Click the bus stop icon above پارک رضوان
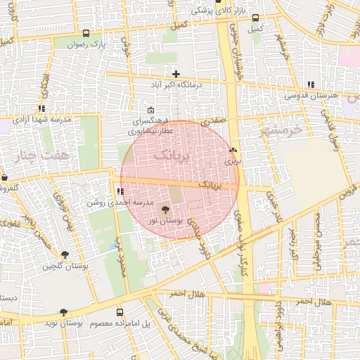pyautogui.click(x=86, y=33)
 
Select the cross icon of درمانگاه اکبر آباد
pyautogui.click(x=176, y=74)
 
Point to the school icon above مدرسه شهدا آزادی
pyautogui.click(x=41, y=109)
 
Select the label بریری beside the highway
pyautogui.click(x=232, y=160)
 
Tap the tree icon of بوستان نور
pyautogui.click(x=166, y=209)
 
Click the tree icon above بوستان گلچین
pyautogui.click(x=65, y=255)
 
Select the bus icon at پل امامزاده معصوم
pyautogui.click(x=119, y=311)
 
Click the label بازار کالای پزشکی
pyautogui.click(x=213, y=11)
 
